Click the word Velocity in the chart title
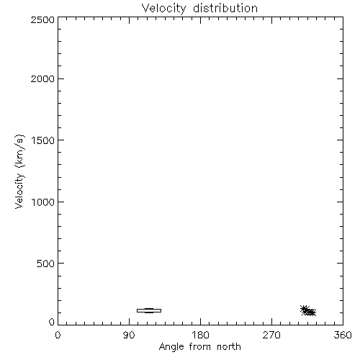click(164, 9)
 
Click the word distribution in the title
click(225, 8)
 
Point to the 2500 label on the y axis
click(42, 19)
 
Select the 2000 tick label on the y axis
click(42, 78)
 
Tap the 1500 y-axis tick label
click(43, 140)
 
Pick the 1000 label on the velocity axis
click(43, 202)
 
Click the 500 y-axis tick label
click(46, 264)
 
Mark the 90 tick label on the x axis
click(129, 335)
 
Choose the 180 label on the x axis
click(200, 335)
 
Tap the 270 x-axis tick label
click(271, 335)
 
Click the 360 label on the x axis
click(343, 335)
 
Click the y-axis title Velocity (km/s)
click(19, 171)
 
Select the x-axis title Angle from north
click(200, 347)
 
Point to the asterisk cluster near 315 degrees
click(308, 311)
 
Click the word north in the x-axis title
click(229, 346)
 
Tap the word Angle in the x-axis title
click(171, 347)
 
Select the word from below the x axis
click(200, 346)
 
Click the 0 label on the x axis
click(58, 335)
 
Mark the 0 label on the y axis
click(52, 322)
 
